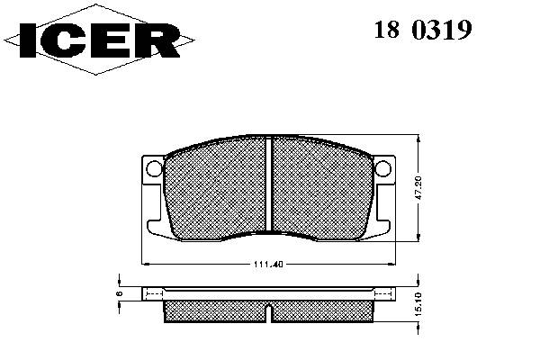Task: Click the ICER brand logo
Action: point(100,40)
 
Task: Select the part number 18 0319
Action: point(423,30)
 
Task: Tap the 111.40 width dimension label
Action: point(268,265)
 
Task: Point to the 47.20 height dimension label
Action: point(418,188)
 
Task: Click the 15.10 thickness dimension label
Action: point(418,304)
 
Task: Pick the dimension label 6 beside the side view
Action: point(119,293)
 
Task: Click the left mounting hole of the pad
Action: point(154,168)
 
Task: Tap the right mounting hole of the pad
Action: point(383,168)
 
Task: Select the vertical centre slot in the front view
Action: point(268,184)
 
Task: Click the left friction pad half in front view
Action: point(215,188)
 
